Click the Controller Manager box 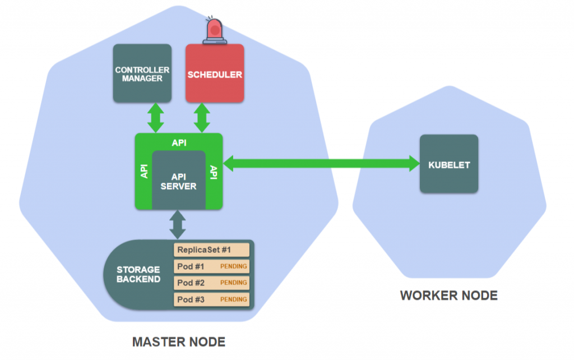142,73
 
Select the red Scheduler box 215,73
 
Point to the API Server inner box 179,179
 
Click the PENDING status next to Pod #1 233,266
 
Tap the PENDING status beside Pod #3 233,299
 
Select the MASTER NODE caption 178,341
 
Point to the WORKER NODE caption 448,296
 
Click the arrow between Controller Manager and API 155,118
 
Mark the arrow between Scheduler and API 202,118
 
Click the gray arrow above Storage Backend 178,224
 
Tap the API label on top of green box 179,142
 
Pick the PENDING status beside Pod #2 233,283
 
